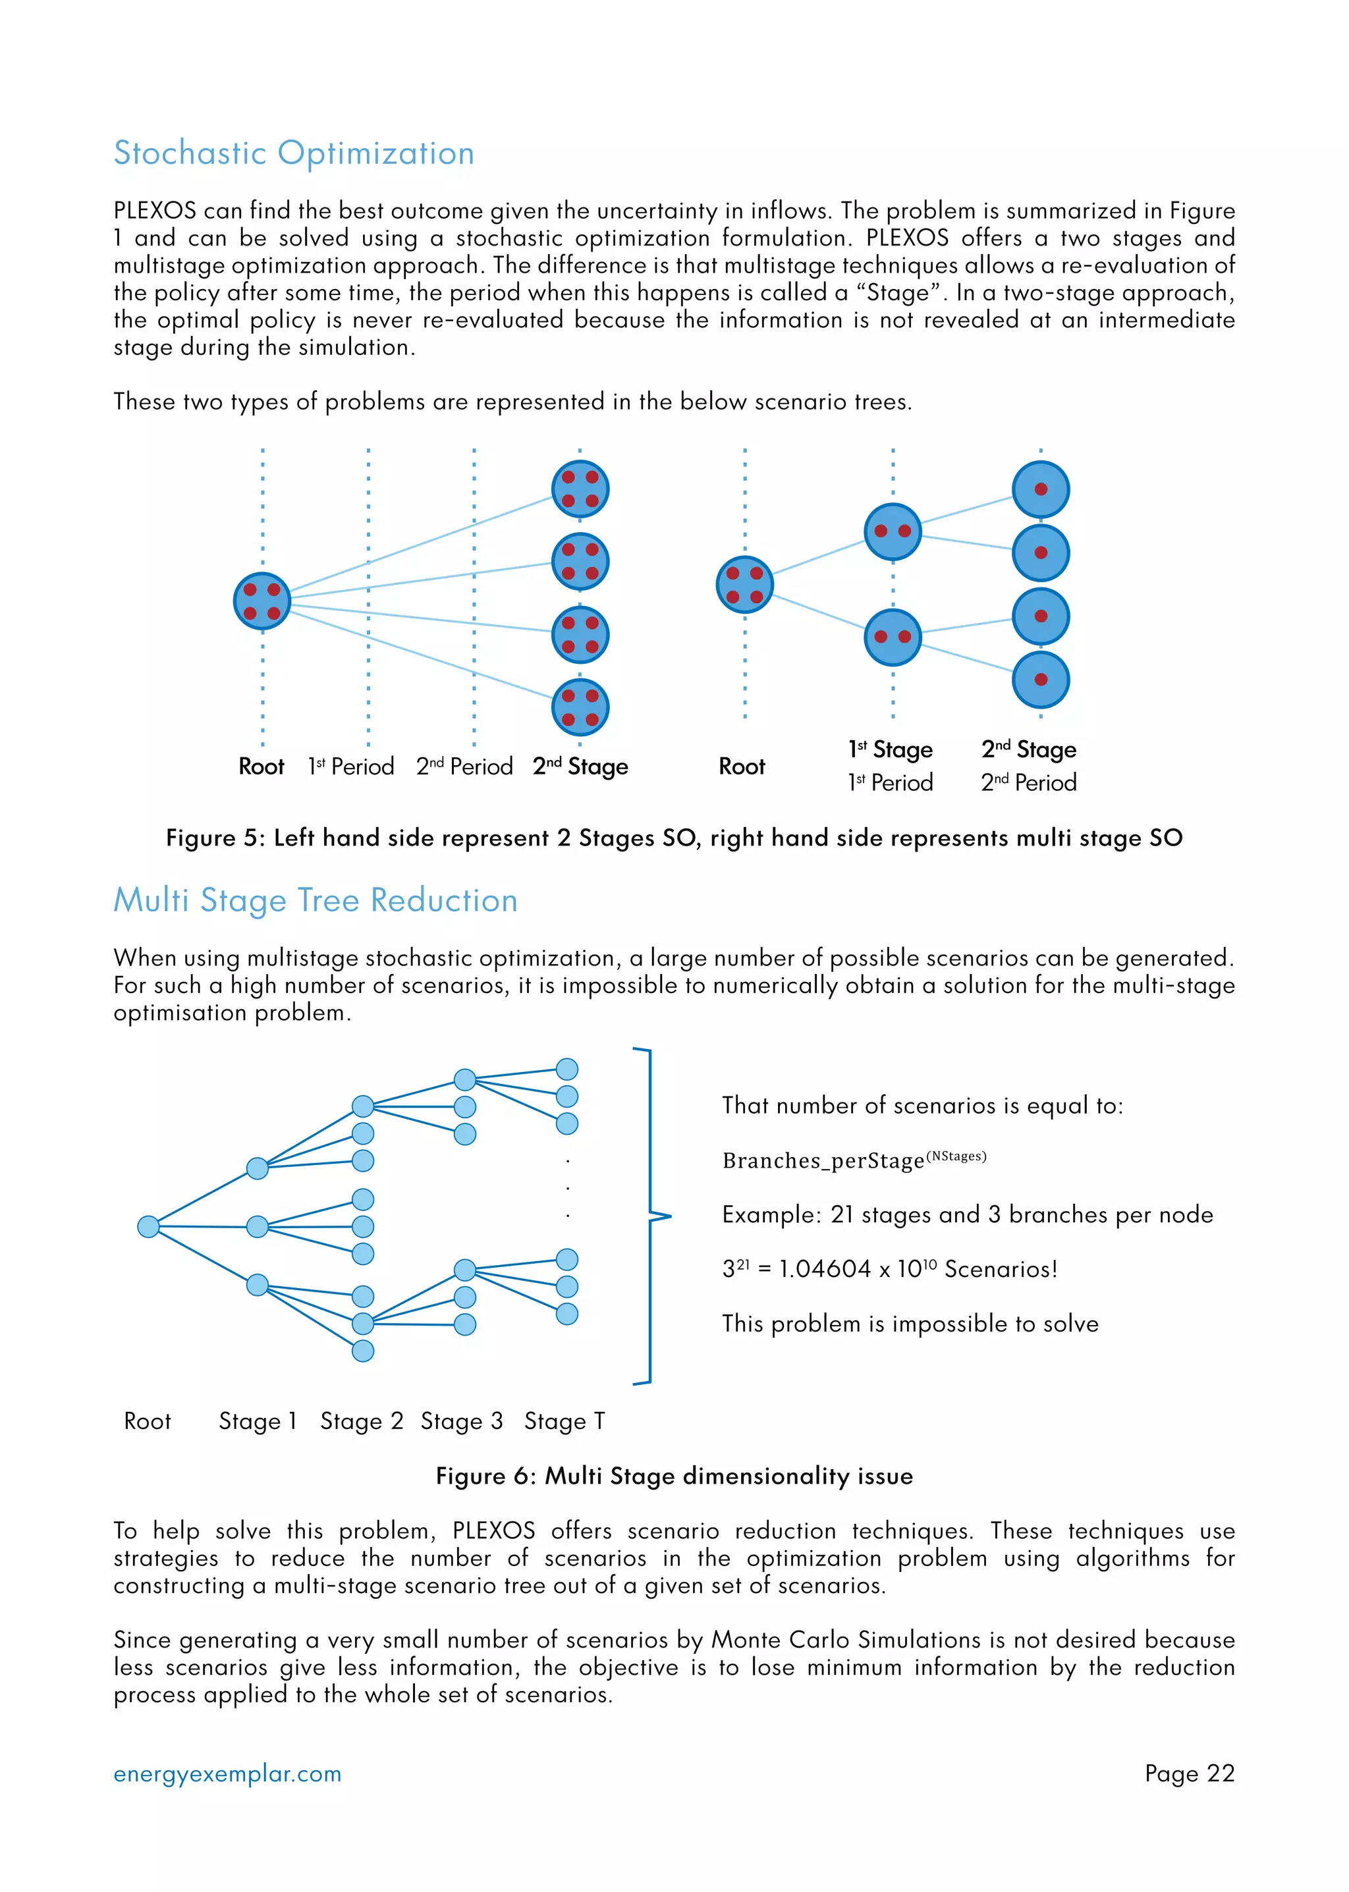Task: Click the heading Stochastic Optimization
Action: pyautogui.click(x=293, y=153)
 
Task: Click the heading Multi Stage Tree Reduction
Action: pyautogui.click(x=315, y=900)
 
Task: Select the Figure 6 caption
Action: pyautogui.click(x=674, y=1475)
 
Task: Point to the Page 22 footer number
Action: pyautogui.click(x=1189, y=1773)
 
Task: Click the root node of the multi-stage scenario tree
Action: pyautogui.click(x=744, y=585)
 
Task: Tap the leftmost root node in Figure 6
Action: pyautogui.click(x=148, y=1226)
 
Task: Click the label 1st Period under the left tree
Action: pyautogui.click(x=351, y=766)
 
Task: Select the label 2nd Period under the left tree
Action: pyautogui.click(x=464, y=766)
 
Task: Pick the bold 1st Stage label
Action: pyautogui.click(x=891, y=749)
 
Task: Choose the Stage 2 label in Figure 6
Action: pyautogui.click(x=362, y=1421)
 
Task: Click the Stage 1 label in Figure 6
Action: pyautogui.click(x=258, y=1421)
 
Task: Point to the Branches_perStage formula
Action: pyautogui.click(x=853, y=1160)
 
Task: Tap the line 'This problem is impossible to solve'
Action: pyautogui.click(x=910, y=1323)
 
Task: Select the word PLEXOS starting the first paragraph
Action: pyautogui.click(x=155, y=211)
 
